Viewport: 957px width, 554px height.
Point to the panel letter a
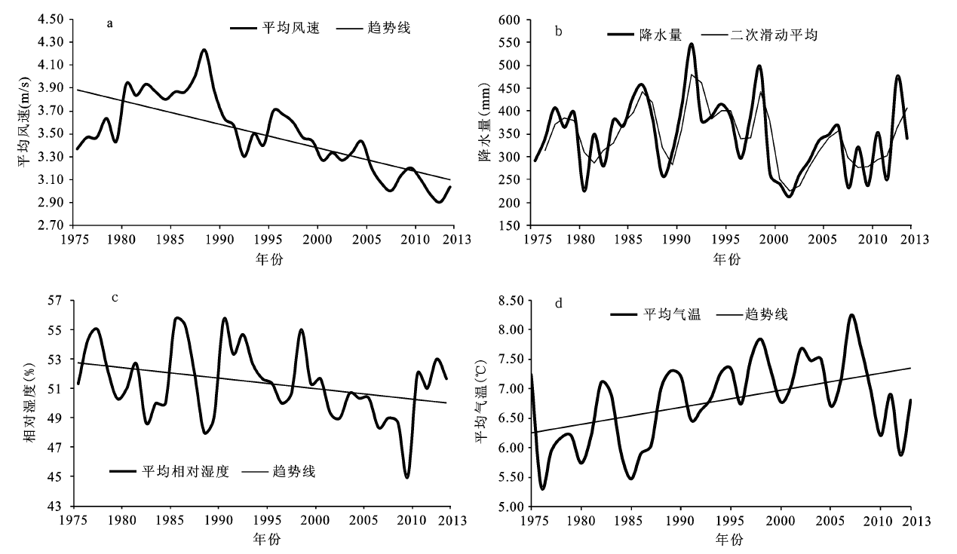(110, 23)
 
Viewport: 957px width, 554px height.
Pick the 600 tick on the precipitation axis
(517, 20)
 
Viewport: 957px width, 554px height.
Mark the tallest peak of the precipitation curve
(691, 44)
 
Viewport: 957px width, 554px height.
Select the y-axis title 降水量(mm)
(485, 124)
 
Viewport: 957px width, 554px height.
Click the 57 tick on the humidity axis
(60, 301)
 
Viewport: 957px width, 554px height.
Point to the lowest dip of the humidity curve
(406, 477)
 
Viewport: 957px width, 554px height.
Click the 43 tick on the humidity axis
(60, 506)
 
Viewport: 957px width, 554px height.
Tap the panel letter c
(115, 296)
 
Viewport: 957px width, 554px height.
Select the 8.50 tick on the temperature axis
(511, 301)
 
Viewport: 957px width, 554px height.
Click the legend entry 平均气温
(672, 314)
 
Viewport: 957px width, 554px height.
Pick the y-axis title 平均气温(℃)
(480, 403)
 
